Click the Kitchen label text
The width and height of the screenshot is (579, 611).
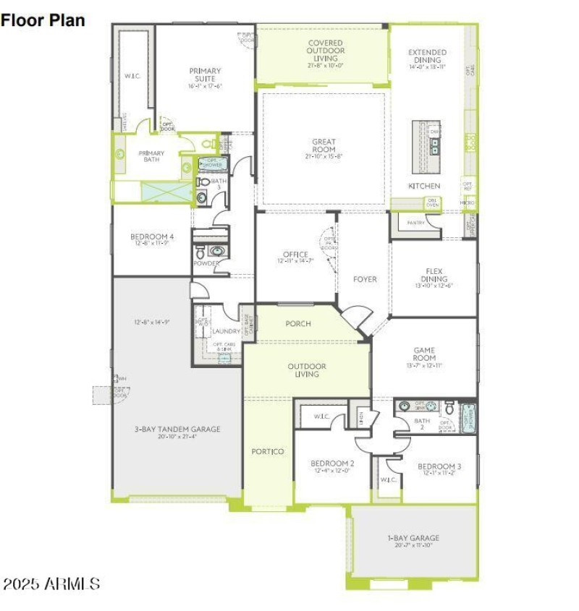coord(424,186)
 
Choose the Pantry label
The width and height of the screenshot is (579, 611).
coord(415,223)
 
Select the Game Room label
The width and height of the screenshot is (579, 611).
coord(424,353)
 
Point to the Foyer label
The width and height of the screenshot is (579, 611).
coord(365,279)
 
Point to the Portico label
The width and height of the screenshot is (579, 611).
coord(267,451)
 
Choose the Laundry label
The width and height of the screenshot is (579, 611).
coord(221,331)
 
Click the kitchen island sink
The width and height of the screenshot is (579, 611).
coord(434,144)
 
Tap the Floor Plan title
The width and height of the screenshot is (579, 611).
coord(43,20)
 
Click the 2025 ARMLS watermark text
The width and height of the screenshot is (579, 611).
coord(51,584)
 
